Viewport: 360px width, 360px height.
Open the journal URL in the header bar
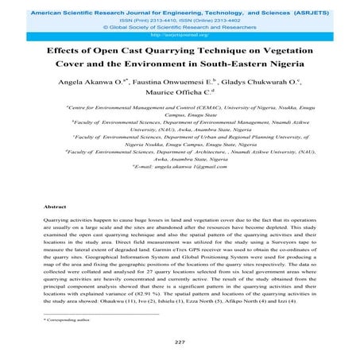(x=179, y=36)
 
